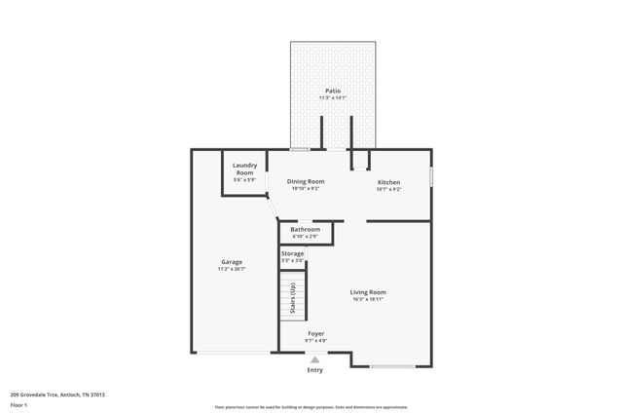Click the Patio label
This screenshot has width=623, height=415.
333,92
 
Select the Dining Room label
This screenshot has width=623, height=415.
305,181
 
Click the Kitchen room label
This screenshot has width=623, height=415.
388,181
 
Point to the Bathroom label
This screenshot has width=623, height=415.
305,229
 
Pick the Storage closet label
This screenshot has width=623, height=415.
292,253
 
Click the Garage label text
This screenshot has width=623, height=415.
231,262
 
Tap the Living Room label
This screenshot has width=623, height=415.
369,291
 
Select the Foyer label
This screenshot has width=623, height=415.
315,333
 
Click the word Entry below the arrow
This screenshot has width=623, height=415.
314,370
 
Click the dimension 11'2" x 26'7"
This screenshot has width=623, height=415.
231,269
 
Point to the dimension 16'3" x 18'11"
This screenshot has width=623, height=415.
369,299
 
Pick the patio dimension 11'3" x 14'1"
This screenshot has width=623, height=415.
333,98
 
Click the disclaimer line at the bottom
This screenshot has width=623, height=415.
311,407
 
